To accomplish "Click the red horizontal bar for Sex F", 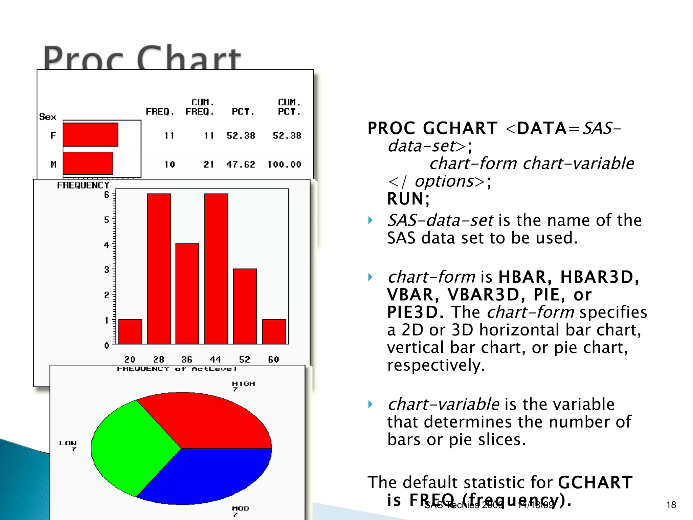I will click(90, 135).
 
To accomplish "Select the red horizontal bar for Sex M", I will click(88, 163).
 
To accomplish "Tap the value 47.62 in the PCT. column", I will click(241, 165).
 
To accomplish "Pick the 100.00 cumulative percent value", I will click(284, 165).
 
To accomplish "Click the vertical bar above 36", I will click(187, 294).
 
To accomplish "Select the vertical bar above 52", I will click(245, 306).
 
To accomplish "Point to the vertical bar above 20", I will click(130, 331).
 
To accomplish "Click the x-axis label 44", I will click(216, 359).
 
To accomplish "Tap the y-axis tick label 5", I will click(107, 220).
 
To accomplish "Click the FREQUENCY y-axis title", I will click(83, 185).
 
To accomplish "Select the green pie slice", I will click(132, 447).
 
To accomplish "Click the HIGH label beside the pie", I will click(243, 384).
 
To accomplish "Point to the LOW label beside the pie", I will click(68, 443).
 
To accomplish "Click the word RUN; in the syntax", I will click(408, 199).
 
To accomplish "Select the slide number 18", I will click(671, 505).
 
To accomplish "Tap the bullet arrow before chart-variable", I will click(371, 404).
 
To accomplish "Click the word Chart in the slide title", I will click(189, 58).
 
